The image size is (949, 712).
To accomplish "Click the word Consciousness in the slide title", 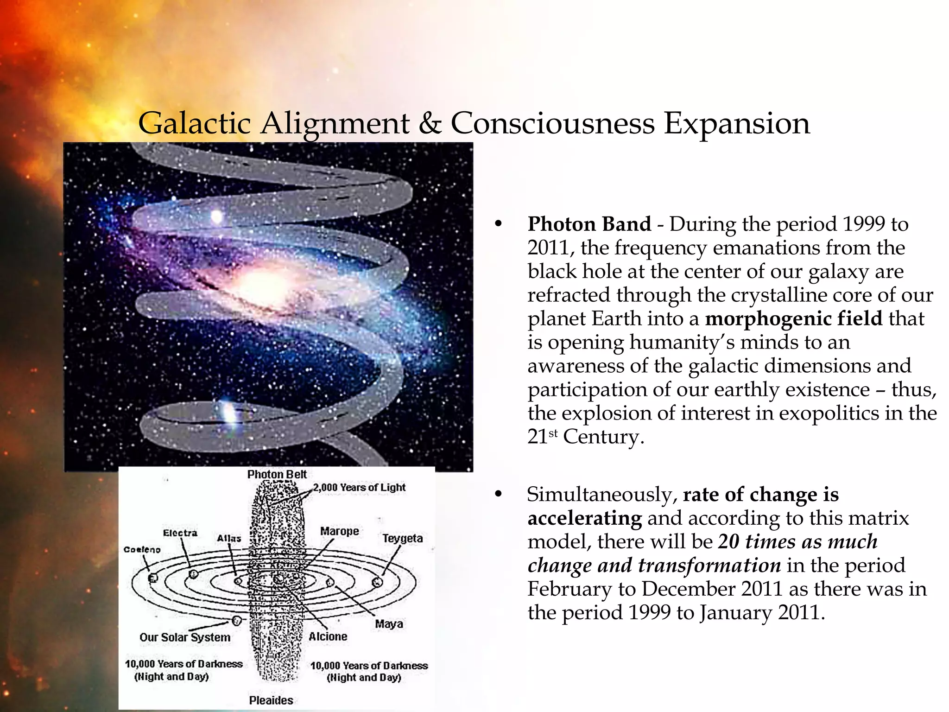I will [x=552, y=124].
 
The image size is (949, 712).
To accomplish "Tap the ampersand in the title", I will [x=430, y=124].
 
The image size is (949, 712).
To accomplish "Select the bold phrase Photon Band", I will [x=589, y=224].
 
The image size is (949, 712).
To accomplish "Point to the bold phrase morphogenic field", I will [x=793, y=319].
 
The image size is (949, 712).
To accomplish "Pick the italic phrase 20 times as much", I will [x=797, y=541].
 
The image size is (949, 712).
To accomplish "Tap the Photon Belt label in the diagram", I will [x=277, y=474].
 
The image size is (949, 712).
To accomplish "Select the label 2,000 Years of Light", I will [x=359, y=487].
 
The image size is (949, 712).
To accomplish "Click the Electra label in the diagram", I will [x=180, y=533].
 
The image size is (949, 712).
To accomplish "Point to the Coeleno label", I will [x=142, y=550].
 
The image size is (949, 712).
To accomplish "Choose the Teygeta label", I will [x=402, y=538].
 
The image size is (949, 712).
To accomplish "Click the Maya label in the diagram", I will [x=389, y=624].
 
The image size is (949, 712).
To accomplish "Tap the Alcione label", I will [x=328, y=636].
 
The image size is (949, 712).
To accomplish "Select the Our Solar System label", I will [x=185, y=637].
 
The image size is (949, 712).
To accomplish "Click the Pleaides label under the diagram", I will [x=271, y=700].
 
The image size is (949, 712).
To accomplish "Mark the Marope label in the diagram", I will [x=339, y=531].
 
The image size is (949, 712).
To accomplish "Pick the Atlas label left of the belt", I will [x=229, y=538].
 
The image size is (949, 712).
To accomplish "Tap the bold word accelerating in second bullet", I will [x=584, y=518].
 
